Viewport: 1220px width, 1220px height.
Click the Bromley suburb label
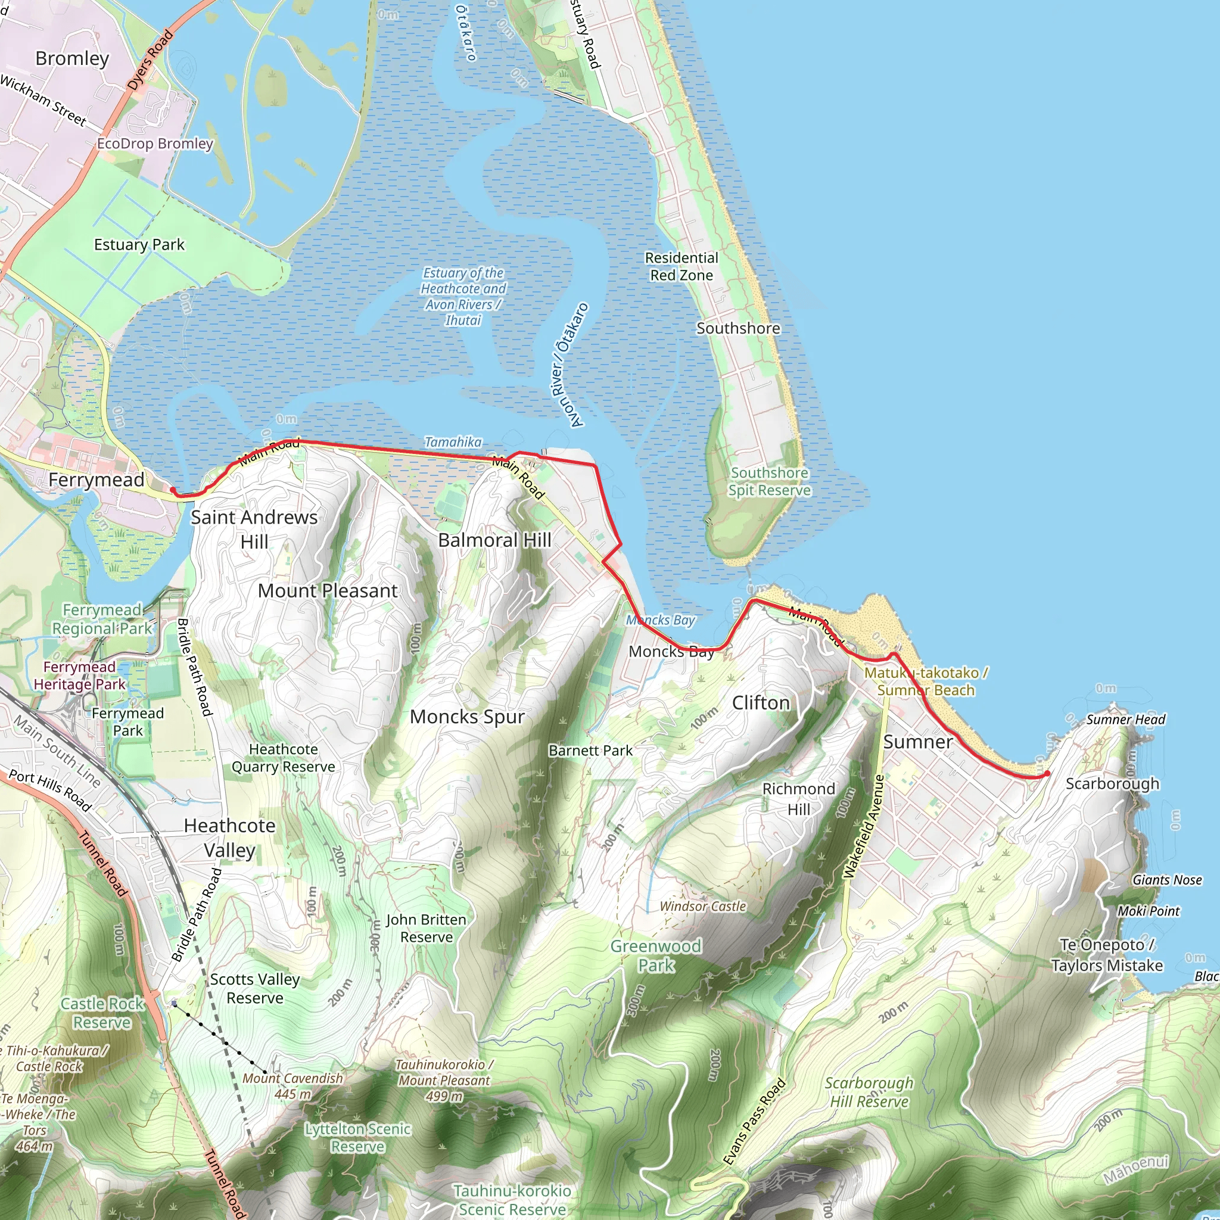(x=72, y=59)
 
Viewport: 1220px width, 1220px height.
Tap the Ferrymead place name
(x=96, y=480)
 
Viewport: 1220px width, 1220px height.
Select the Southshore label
(x=737, y=328)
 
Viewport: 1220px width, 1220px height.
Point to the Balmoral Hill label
(x=494, y=540)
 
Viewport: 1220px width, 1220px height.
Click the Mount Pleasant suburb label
(x=328, y=590)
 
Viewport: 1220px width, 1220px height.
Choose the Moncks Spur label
(x=466, y=717)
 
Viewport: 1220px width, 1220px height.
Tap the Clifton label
(x=761, y=703)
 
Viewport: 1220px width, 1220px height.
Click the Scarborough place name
(x=1112, y=784)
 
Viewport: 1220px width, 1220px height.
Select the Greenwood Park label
(x=655, y=956)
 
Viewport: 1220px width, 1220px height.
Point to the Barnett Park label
(x=590, y=750)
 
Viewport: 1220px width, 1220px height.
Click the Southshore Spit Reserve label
(x=769, y=481)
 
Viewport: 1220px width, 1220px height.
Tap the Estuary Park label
(x=139, y=244)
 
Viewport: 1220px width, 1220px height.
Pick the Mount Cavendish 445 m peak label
(x=292, y=1085)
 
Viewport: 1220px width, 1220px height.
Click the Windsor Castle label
(x=703, y=906)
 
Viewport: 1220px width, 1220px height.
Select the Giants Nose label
(x=1167, y=880)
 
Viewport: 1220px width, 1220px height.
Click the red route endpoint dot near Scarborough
(x=1047, y=774)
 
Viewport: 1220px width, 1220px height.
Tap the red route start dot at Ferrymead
(x=172, y=490)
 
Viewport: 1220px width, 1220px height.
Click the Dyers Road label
(x=150, y=61)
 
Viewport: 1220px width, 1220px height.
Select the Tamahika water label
(x=453, y=442)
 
